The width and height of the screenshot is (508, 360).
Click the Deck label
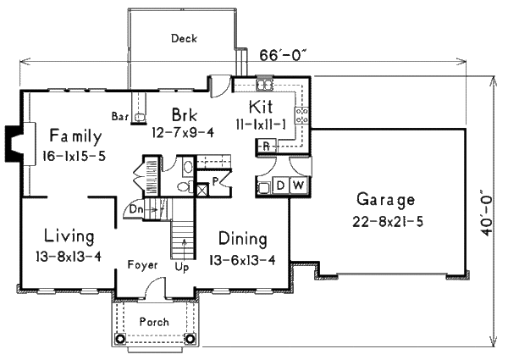184,38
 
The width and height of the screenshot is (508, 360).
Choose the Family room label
75,136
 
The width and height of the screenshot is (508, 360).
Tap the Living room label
69,236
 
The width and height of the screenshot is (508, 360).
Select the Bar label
119,117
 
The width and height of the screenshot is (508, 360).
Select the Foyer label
143,265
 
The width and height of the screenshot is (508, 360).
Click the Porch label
154,322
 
